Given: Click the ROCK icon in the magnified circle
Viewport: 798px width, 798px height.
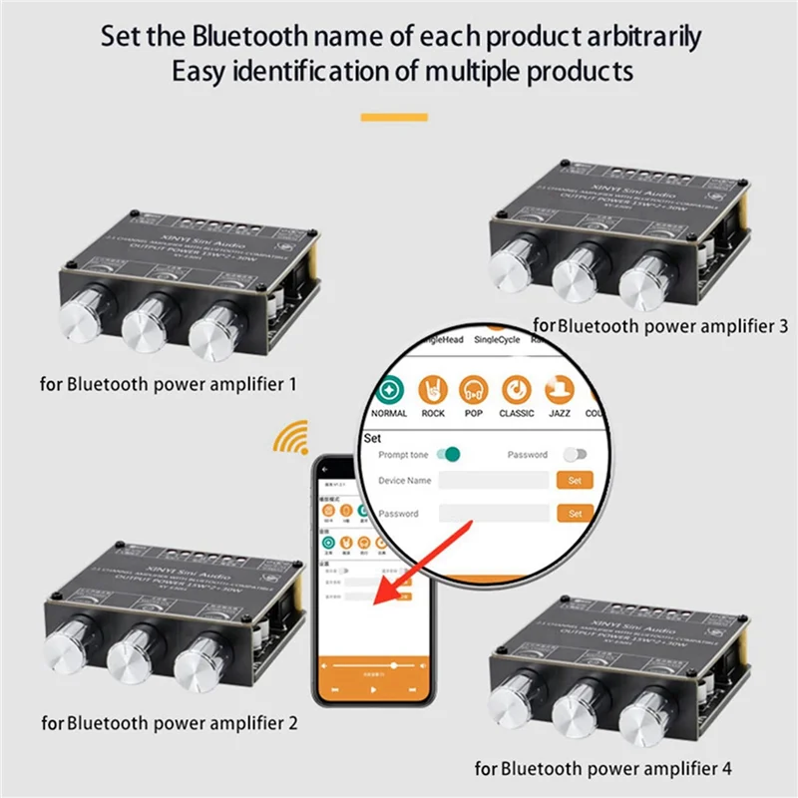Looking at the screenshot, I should pos(433,388).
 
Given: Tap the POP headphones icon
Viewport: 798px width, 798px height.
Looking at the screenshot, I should pos(474,388).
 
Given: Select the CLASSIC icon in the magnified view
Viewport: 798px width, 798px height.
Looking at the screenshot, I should pos(516,388).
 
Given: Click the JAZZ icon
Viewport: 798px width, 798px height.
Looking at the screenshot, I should pos(558,388).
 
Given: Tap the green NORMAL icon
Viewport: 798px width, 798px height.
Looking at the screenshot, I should pos(389,388).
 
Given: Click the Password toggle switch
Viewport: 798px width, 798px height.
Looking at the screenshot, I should pos(576,454).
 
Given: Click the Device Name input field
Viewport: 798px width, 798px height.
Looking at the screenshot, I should pos(494,480).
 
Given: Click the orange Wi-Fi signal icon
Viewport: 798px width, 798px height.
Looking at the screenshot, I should pos(292,437).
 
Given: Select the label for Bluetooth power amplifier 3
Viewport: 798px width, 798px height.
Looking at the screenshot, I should pos(660,325).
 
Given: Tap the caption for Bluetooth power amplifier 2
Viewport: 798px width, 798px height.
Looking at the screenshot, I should pos(170,721).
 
